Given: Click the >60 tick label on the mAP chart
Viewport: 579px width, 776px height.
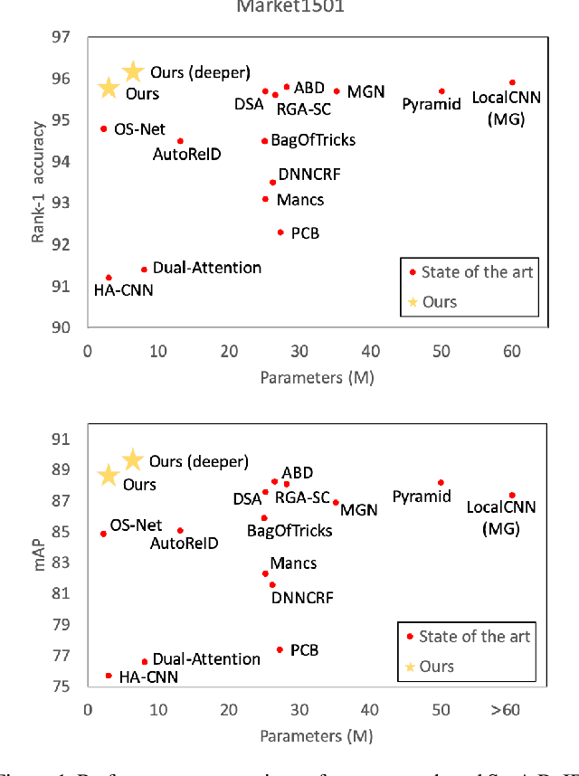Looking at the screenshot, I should tap(505, 710).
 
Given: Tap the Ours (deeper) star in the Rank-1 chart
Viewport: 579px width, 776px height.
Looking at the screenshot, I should tap(133, 71).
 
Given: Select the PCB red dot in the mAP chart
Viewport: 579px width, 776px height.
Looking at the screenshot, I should tap(280, 649).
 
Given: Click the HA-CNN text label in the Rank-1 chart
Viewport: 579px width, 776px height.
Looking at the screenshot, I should tap(124, 290).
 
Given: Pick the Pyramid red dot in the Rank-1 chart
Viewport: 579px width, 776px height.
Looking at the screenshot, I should tap(441, 90).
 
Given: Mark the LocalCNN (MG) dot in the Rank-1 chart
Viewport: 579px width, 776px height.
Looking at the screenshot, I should tap(512, 82).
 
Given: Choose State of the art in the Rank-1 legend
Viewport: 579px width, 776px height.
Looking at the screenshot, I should tap(477, 271).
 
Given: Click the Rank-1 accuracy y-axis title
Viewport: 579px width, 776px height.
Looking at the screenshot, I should tap(38, 181).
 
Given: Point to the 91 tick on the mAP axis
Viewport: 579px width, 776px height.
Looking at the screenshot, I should tap(61, 439).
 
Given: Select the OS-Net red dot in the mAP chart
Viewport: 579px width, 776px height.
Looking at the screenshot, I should tap(103, 534).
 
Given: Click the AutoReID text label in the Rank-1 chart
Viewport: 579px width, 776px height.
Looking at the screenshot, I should tap(186, 155).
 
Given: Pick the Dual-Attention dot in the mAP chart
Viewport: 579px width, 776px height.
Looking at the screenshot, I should tap(144, 661).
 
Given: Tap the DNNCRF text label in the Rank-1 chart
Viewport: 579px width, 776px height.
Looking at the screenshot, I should tap(309, 175).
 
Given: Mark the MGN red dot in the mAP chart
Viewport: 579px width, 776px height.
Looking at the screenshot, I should tap(336, 502).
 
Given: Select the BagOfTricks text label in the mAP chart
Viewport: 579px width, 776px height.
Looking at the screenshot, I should tap(289, 531).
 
